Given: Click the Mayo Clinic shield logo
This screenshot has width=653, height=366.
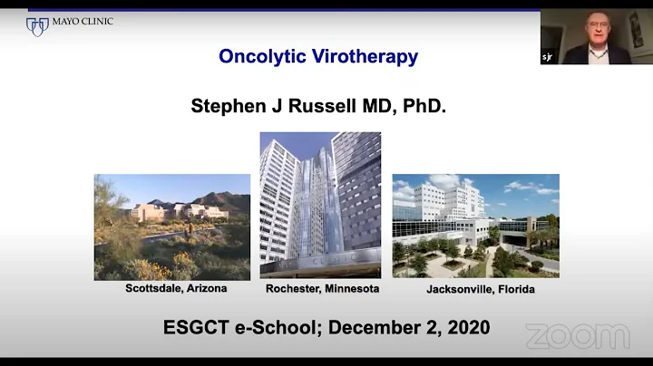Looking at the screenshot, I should coord(37,26).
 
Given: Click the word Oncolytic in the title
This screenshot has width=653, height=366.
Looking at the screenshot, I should coord(259,56).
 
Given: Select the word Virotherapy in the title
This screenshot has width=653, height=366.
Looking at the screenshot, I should coord(363,56).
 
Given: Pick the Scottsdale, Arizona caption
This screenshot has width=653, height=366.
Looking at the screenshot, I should coord(176,288).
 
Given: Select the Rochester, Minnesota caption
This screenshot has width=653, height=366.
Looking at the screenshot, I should coord(322,289).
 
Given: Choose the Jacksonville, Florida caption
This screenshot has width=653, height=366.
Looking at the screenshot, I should coord(480,289).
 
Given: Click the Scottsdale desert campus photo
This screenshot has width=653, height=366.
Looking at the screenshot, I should coord(171,227).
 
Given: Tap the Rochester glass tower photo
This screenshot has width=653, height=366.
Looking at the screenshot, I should coord(320,205).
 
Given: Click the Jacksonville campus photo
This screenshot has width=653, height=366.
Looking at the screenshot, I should coord(475,226).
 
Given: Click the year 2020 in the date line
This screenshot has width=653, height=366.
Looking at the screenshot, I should coord(465,327).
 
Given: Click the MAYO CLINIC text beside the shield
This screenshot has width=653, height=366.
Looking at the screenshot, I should coord(83,22).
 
